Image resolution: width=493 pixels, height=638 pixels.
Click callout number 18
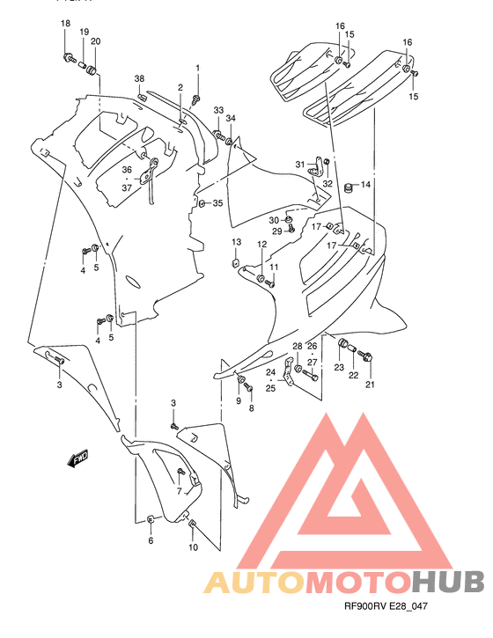tap(64, 23)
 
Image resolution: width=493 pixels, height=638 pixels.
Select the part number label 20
tap(95, 41)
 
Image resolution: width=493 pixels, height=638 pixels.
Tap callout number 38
tap(139, 79)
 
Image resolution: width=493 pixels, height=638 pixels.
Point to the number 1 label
tap(197, 68)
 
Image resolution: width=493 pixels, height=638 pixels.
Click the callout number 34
tap(231, 118)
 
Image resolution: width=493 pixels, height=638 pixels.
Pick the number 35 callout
tap(217, 203)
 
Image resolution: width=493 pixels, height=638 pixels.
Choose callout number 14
tap(365, 185)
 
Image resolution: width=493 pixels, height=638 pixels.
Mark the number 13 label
tap(236, 242)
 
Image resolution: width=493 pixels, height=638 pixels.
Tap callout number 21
tap(370, 385)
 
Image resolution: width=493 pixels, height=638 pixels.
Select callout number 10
tap(193, 547)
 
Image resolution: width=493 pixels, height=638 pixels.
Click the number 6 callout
tap(151, 540)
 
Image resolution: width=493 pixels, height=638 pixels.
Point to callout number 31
tap(299, 165)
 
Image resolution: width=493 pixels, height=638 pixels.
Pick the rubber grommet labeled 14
tap(348, 187)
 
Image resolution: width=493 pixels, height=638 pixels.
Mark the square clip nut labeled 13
tap(236, 261)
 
